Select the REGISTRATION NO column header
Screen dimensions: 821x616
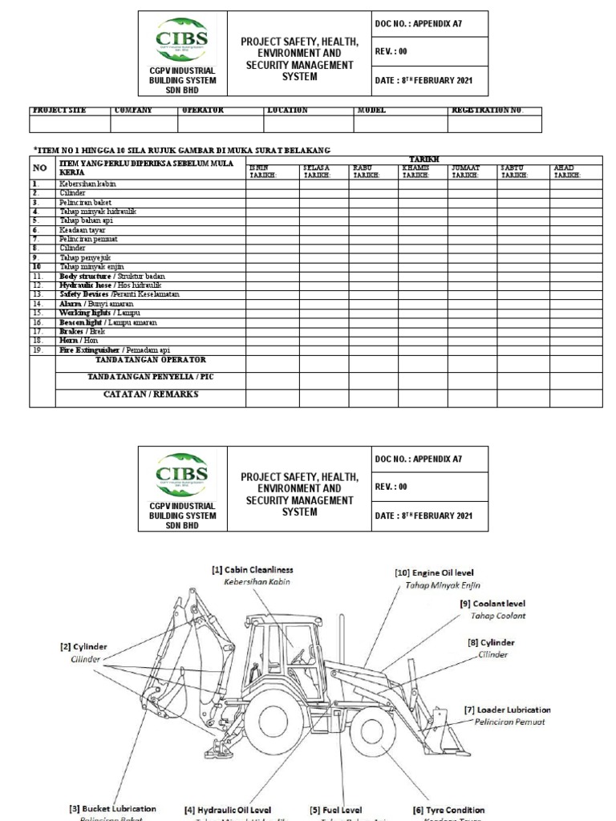click(488, 110)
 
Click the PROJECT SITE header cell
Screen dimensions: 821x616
click(59, 110)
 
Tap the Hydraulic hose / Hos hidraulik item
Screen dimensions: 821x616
click(110, 285)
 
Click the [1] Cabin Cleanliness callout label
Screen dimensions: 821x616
click(253, 570)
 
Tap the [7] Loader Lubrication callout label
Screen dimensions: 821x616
click(508, 710)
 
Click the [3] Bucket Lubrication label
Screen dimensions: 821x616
click(113, 809)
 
